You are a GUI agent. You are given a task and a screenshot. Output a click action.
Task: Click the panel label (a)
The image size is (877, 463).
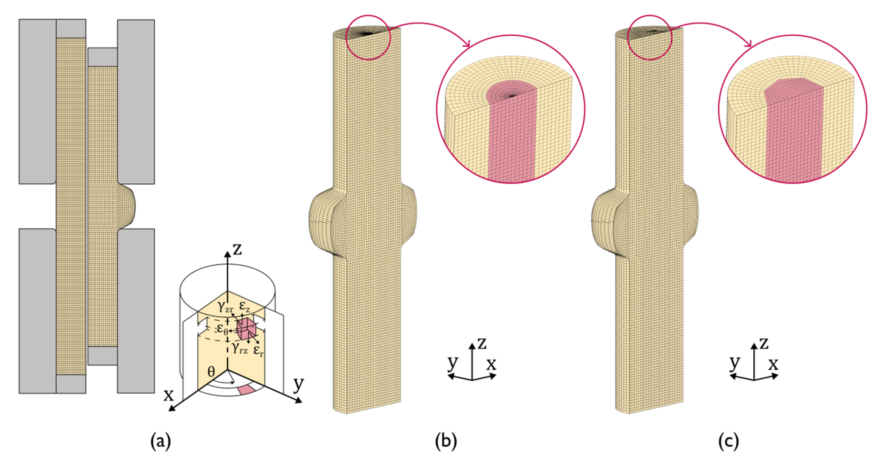[160, 441]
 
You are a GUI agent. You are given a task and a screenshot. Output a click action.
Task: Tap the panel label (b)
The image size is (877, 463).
[446, 441]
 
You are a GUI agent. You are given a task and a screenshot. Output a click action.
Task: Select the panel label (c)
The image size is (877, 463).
[728, 441]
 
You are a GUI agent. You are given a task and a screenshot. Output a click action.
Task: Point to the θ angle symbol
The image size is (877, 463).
[211, 371]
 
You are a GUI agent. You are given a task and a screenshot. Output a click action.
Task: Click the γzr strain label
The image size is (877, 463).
[225, 307]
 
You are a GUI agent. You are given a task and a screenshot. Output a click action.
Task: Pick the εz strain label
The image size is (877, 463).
[245, 306]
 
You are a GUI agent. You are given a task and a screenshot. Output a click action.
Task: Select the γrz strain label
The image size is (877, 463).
[240, 348]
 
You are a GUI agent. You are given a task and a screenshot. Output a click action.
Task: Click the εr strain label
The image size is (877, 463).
[258, 350]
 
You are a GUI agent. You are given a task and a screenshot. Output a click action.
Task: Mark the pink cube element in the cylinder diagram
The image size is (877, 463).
[247, 329]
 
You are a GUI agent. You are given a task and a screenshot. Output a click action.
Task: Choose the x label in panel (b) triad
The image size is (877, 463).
[491, 364]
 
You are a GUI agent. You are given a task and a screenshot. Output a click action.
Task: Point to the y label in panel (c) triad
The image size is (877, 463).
[735, 363]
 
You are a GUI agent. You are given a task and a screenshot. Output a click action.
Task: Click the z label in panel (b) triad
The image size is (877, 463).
[481, 343]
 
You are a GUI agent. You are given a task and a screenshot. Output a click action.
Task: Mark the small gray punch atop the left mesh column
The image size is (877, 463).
[71, 28]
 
